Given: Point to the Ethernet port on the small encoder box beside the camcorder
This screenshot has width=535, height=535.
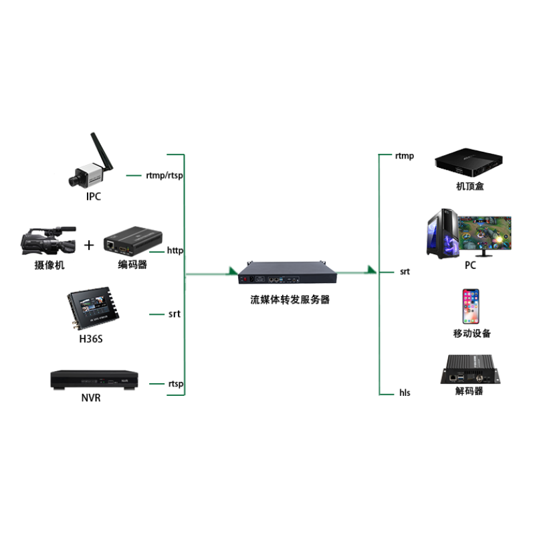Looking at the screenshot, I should (x=109, y=245).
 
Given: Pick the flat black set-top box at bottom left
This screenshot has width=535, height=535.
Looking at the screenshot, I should (x=96, y=379).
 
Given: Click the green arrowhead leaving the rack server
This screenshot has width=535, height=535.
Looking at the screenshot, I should (x=370, y=270).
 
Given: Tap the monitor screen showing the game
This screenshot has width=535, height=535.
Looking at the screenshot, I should (x=485, y=233).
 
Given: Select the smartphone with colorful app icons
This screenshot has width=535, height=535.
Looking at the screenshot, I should (x=471, y=306).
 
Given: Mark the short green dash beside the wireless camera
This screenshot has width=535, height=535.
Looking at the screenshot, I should (x=134, y=175).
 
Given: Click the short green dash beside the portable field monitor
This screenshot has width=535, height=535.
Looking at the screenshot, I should (x=156, y=314).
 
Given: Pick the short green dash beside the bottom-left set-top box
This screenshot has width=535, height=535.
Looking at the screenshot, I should (x=156, y=384).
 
